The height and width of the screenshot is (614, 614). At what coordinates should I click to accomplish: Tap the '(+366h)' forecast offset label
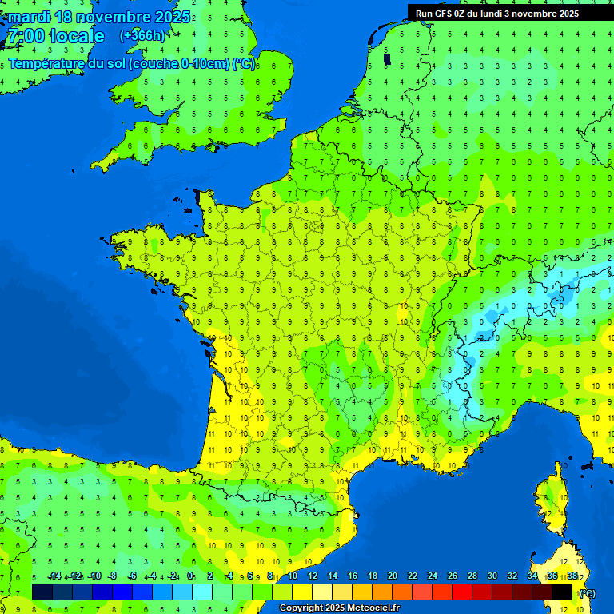click(142, 35)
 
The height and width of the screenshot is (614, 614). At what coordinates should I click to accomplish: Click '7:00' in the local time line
click(25, 36)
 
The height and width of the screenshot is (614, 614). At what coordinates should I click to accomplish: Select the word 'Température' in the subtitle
click(46, 64)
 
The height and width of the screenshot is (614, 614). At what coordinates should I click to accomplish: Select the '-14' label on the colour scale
click(54, 576)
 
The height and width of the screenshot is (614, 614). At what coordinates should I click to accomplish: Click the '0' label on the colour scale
click(190, 576)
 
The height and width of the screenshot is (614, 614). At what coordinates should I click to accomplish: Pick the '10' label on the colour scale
click(293, 576)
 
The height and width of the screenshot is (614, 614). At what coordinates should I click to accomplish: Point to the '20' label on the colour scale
click(393, 576)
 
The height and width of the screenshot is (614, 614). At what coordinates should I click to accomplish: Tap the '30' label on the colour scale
click(492, 576)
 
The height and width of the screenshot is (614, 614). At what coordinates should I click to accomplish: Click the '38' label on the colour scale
click(572, 576)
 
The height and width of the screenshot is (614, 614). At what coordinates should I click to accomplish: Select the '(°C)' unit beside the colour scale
click(588, 593)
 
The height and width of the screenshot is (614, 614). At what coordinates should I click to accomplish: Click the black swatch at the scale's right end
click(562, 592)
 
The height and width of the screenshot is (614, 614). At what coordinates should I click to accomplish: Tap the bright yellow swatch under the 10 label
click(302, 592)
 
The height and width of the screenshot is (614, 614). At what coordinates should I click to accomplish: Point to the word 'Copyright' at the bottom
click(301, 608)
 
